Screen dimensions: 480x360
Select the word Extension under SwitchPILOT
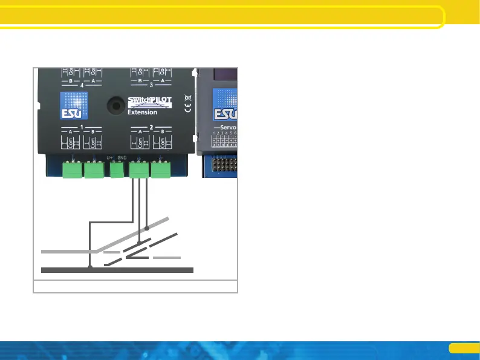point(143,112)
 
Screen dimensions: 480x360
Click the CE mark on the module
point(187,108)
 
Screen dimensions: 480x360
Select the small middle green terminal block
point(116,171)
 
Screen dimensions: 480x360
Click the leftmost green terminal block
point(73,171)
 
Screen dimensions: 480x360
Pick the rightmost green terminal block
point(161,171)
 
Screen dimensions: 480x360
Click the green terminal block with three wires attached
point(139,171)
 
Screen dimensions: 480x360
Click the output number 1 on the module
point(81,128)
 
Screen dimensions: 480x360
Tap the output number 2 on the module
point(151,128)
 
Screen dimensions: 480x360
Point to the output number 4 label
point(81,85)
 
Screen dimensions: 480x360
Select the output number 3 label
point(151,85)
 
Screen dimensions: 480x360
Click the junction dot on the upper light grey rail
point(147,229)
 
